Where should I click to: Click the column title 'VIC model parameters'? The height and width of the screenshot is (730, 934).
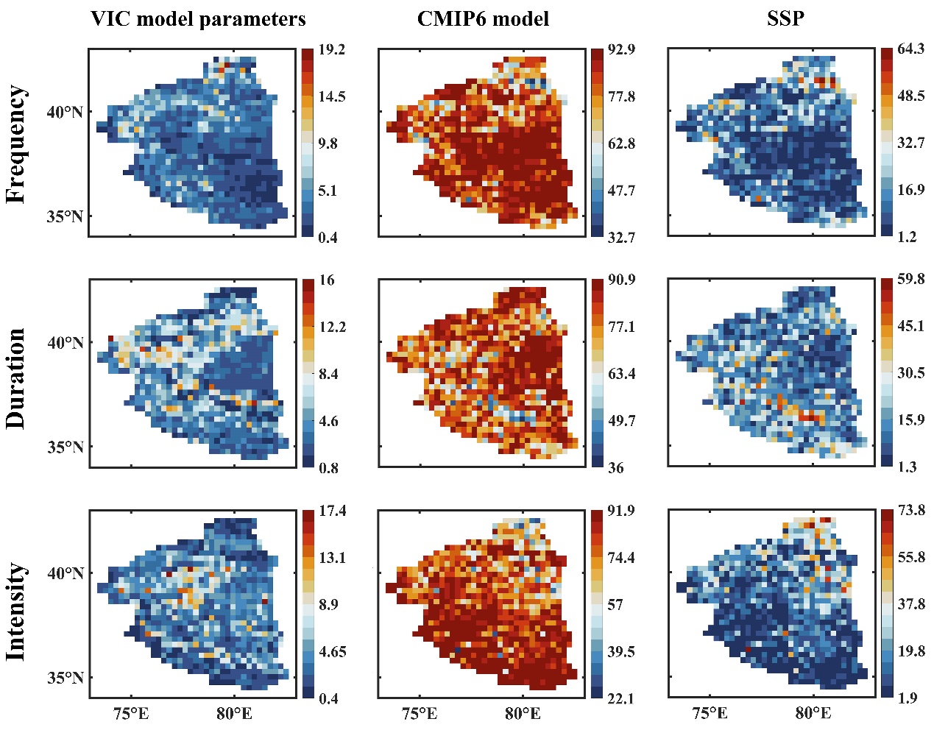click(x=198, y=18)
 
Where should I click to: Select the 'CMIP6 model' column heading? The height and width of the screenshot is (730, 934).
click(x=483, y=18)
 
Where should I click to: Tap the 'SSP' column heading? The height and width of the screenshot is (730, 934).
click(x=785, y=18)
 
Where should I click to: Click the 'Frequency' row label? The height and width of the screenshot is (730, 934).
click(x=16, y=143)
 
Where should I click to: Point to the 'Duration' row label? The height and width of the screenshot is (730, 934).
click(x=16, y=378)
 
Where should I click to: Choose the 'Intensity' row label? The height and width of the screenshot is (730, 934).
click(x=16, y=612)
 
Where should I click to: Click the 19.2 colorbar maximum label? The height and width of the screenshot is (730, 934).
click(x=332, y=50)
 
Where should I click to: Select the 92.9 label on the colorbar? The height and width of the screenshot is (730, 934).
click(x=622, y=50)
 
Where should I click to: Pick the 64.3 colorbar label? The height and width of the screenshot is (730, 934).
click(x=910, y=49)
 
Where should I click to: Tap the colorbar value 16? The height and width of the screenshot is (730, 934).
click(x=327, y=280)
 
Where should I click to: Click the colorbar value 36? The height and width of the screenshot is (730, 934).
click(x=615, y=467)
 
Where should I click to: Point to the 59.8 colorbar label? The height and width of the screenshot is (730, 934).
click(x=910, y=279)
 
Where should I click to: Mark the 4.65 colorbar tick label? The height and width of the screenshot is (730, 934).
click(x=332, y=651)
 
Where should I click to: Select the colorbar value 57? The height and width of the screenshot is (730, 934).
click(x=615, y=604)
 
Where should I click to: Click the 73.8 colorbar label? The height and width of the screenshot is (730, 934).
click(x=910, y=510)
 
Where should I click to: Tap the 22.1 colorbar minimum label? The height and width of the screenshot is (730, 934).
click(x=620, y=698)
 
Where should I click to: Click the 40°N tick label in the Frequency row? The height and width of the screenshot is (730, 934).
click(x=67, y=112)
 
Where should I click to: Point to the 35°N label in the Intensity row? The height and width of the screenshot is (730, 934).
click(x=67, y=677)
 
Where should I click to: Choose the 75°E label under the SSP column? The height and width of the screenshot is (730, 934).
click(x=710, y=713)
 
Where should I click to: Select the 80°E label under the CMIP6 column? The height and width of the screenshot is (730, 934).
click(x=523, y=713)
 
